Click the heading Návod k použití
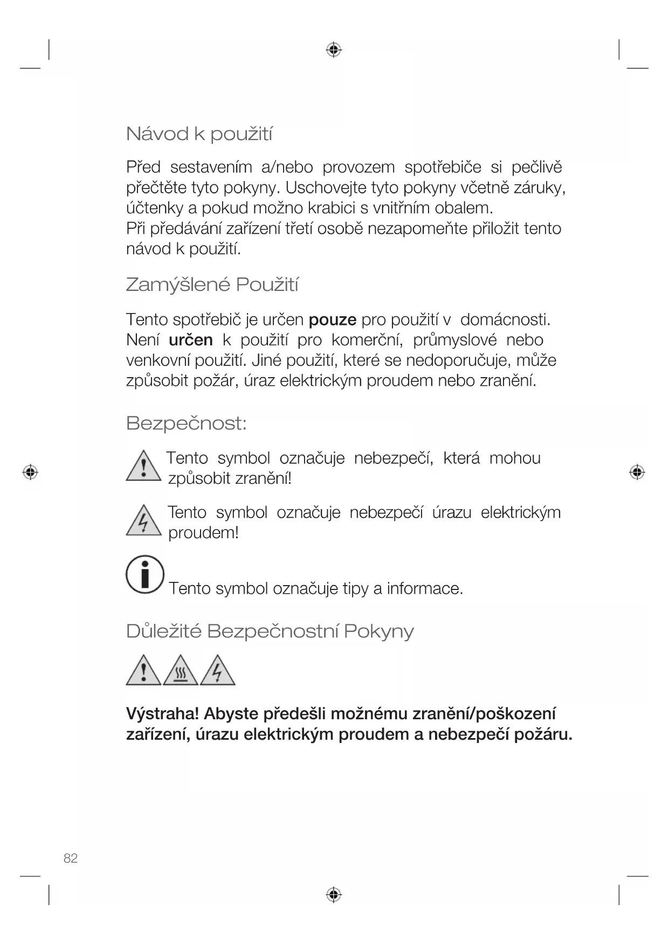point(199,134)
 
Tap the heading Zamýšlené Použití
point(212,284)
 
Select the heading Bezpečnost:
point(187,423)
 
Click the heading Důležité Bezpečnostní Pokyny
point(270,631)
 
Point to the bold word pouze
point(332,320)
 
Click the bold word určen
point(191,341)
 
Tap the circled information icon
point(144,574)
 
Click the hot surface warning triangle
point(181,671)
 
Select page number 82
point(71,859)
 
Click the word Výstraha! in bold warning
point(162,714)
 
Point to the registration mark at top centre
point(334,50)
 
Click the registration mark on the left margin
point(30,472)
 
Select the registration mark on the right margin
point(637,472)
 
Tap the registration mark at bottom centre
point(334,895)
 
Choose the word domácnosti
point(505,320)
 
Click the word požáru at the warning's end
point(542,734)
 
